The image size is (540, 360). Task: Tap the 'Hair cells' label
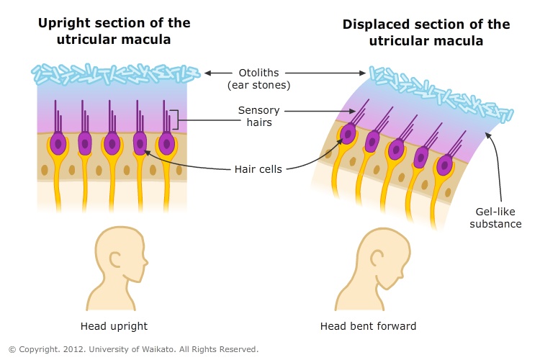click(x=258, y=169)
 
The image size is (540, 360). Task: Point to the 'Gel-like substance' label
click(x=495, y=218)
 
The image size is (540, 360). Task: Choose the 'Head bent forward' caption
click(x=368, y=326)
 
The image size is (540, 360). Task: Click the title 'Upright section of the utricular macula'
click(x=113, y=30)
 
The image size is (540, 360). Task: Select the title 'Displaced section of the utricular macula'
click(x=426, y=33)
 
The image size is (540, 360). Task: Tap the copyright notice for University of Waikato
click(x=133, y=349)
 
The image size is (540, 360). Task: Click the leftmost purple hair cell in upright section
click(x=58, y=143)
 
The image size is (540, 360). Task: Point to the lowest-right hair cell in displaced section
click(x=445, y=165)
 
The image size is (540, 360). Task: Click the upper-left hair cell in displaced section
click(x=348, y=133)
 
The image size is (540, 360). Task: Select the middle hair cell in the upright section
click(x=112, y=143)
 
